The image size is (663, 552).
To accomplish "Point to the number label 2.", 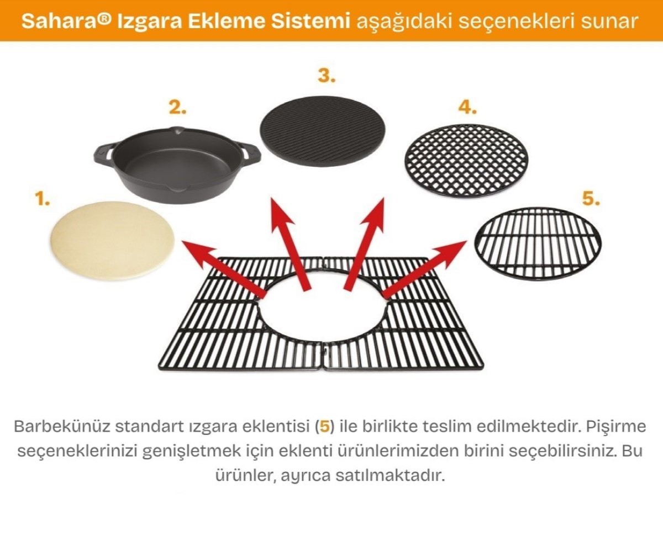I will click(x=177, y=108).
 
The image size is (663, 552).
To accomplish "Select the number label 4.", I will click(x=467, y=108).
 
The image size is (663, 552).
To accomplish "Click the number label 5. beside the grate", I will click(x=591, y=199).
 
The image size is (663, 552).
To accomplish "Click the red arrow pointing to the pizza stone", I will click(x=221, y=267).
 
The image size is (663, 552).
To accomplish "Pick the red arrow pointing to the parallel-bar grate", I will click(x=425, y=267).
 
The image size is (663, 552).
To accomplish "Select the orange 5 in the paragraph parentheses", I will click(x=325, y=427).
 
